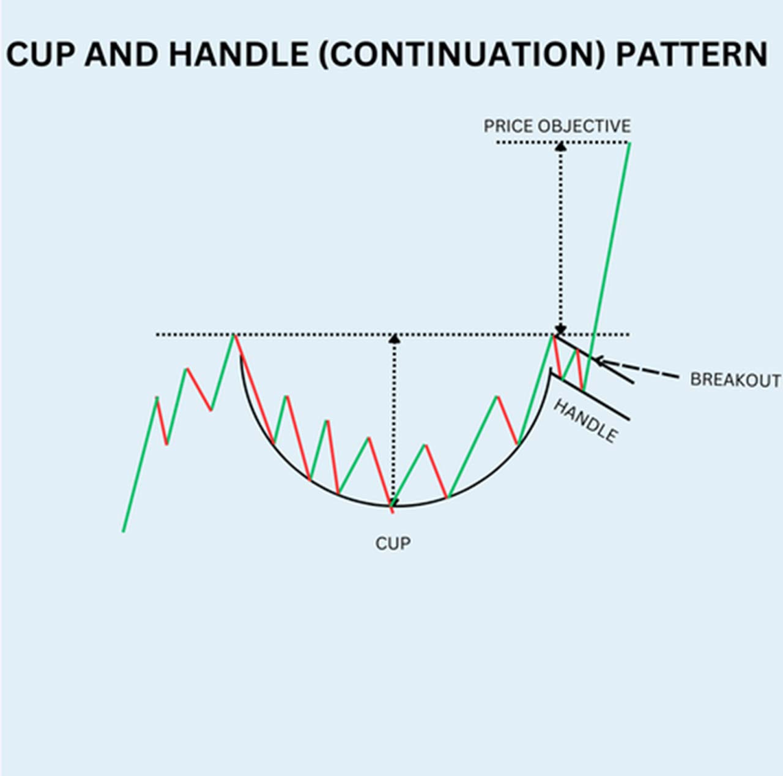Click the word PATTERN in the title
(x=691, y=54)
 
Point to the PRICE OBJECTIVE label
(x=557, y=126)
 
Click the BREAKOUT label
(x=735, y=380)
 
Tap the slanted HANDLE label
(x=585, y=420)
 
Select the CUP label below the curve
(x=393, y=543)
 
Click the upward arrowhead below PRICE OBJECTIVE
(x=561, y=146)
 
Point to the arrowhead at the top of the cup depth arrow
(x=394, y=338)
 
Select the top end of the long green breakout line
(x=629, y=143)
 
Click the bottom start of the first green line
(x=124, y=531)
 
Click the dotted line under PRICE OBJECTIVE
(x=563, y=143)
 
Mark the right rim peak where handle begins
(x=554, y=335)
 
